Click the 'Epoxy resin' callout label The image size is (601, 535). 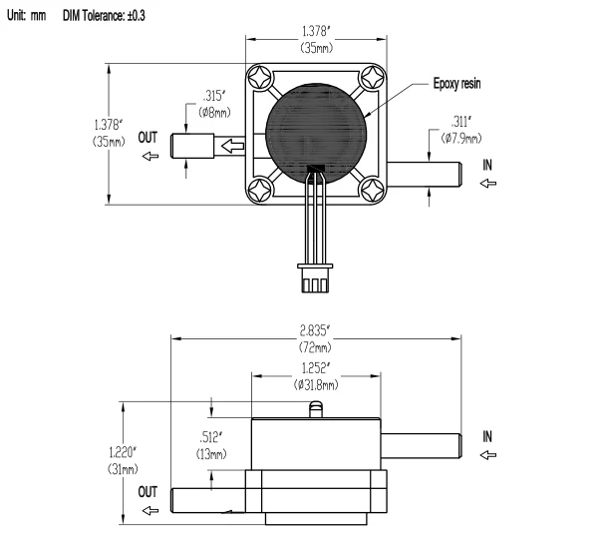tap(456, 84)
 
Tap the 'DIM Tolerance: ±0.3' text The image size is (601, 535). tap(104, 16)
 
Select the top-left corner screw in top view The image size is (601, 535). tap(260, 77)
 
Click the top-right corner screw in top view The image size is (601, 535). tap(373, 77)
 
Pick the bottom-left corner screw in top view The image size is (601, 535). tap(260, 190)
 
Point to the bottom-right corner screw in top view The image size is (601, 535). tap(372, 190)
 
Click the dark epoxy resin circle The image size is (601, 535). tap(315, 134)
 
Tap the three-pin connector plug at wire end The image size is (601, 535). tap(315, 277)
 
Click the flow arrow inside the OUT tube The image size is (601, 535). tap(232, 146)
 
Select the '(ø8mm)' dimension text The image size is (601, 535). tap(214, 113)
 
